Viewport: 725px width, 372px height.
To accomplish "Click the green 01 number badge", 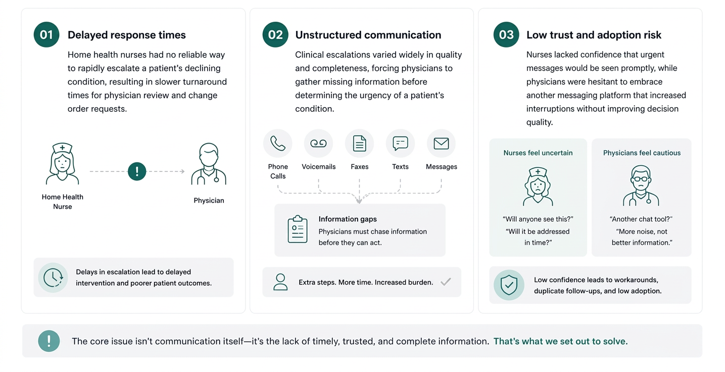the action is (x=46, y=35).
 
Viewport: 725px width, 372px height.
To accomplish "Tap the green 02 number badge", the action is (x=275, y=35).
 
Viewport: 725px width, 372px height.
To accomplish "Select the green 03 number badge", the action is (x=506, y=35).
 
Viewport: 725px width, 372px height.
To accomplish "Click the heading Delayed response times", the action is (x=126, y=35).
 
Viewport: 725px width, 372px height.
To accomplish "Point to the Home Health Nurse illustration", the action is (x=62, y=163).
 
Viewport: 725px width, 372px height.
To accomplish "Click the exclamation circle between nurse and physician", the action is (x=137, y=171).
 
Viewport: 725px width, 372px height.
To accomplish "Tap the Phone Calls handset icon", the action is (x=278, y=144).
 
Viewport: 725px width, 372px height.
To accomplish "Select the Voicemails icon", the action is (x=318, y=144).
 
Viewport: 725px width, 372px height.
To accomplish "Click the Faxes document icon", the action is (x=359, y=144).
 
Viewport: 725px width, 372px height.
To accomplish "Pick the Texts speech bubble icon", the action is (x=400, y=144).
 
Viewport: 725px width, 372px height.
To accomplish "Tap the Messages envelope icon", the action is (x=441, y=144).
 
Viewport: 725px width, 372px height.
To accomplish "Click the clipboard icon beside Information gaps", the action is (x=298, y=229).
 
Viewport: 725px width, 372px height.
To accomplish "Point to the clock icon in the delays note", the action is (x=53, y=277).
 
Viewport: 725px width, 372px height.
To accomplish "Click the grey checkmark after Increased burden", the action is (x=446, y=282).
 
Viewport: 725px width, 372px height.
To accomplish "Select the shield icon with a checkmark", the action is (x=509, y=285).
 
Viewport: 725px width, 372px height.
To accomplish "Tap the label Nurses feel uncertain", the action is (x=538, y=153).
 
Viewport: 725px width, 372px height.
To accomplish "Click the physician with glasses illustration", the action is (x=641, y=185).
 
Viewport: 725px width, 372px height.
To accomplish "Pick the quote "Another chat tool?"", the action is (x=641, y=219).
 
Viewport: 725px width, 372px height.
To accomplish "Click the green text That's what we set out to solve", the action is (x=561, y=341).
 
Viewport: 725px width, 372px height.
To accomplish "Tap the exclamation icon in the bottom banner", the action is (x=49, y=341).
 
